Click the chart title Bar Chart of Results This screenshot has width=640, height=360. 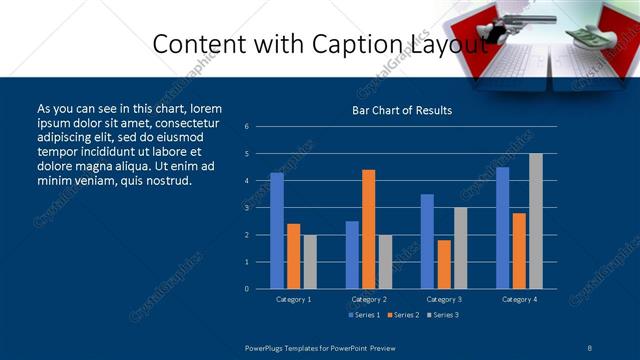(401, 110)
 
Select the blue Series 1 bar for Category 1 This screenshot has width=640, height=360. (277, 231)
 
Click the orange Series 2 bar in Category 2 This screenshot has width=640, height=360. (368, 229)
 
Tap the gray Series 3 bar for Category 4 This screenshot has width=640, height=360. (536, 221)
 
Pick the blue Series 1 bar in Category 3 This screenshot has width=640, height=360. (427, 241)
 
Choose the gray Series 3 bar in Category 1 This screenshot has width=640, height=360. (310, 262)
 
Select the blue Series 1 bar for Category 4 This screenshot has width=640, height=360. (502, 228)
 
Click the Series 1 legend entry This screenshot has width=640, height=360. (363, 315)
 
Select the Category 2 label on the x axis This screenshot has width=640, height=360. (368, 299)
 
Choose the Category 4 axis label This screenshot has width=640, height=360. (518, 299)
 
